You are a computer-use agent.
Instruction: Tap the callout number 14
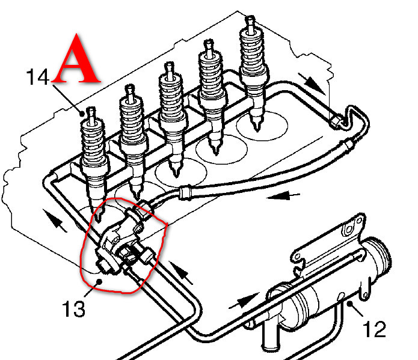[x=37, y=77]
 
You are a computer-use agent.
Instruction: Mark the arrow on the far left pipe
[x=55, y=222]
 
